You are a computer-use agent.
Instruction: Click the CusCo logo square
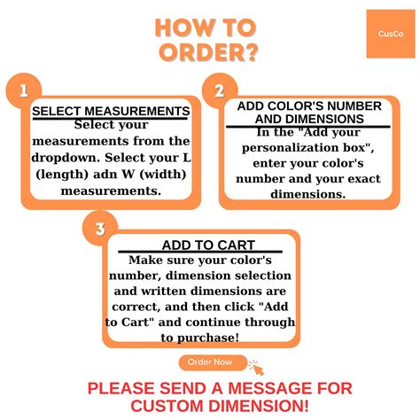point(391,34)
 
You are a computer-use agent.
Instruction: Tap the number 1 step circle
point(24,90)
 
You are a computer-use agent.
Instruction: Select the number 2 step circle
point(220,90)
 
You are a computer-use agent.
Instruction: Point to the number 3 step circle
point(100,229)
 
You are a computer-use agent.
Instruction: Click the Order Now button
point(213,362)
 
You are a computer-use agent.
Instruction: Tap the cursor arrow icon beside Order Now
point(256,368)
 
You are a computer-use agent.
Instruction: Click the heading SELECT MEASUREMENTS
point(111,112)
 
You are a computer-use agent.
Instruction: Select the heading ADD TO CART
point(208,245)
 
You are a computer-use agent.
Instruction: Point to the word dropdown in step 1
point(66,158)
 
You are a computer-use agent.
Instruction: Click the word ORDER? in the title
point(208,52)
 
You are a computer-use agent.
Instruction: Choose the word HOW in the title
point(180,27)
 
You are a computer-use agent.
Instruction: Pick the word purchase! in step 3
point(208,338)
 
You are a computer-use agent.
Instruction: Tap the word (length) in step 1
point(62,175)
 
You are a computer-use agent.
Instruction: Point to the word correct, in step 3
point(136,307)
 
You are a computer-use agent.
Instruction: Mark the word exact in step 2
point(365,179)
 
